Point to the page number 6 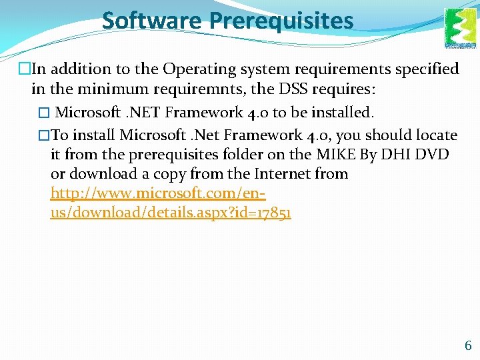coord(467,345)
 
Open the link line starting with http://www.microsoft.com coord(159,193)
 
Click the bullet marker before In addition coord(25,69)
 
